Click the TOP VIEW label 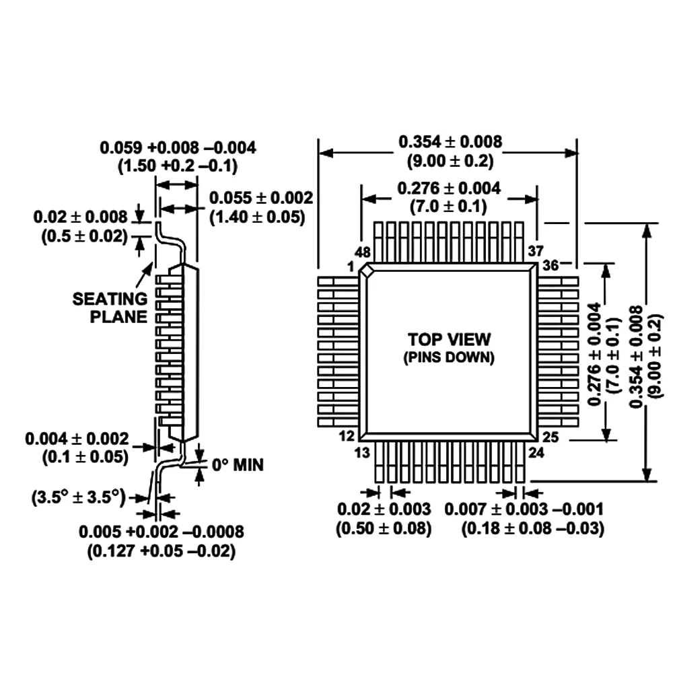(x=449, y=339)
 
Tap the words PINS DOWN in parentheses (x=449, y=358)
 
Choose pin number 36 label (x=551, y=265)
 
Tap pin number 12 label (x=347, y=437)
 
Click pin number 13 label (x=362, y=452)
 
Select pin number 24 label (x=536, y=452)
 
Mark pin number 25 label (x=551, y=438)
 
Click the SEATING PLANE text (x=110, y=308)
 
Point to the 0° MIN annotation (x=238, y=464)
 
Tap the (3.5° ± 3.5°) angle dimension (x=79, y=498)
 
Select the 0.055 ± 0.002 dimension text (x=261, y=198)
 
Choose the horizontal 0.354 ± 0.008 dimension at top (x=450, y=142)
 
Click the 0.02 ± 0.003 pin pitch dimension (x=384, y=509)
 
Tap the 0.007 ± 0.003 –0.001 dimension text (x=532, y=509)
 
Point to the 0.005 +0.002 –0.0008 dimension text (x=162, y=532)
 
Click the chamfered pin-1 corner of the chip (x=367, y=271)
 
